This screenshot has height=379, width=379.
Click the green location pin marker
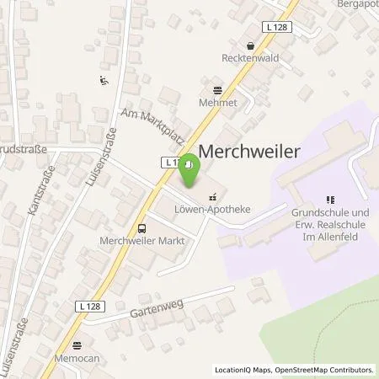[x=190, y=173]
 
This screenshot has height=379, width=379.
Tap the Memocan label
[x=78, y=358]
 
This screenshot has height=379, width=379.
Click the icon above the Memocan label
[x=78, y=344]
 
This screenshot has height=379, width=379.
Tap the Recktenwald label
[x=250, y=61]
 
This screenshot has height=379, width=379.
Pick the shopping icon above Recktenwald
[x=250, y=47]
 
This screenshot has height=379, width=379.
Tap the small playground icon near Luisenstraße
[x=103, y=81]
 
